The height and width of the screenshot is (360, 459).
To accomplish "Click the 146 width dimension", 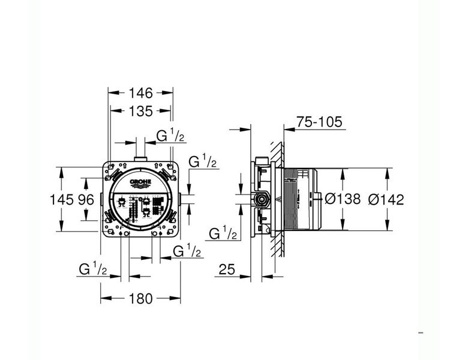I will pos(141,92).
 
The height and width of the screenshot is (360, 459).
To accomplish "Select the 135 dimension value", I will pos(141,110).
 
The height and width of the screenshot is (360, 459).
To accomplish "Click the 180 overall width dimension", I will pos(141,298).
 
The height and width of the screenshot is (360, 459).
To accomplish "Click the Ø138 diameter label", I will pos(342,199).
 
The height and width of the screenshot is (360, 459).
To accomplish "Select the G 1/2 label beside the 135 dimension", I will pos(170,136).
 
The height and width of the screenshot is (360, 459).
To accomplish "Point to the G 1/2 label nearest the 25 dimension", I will pos(223,233).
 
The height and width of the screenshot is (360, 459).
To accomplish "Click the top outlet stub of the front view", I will pos(141,158).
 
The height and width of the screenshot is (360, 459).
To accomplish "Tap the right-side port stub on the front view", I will pos(181,199).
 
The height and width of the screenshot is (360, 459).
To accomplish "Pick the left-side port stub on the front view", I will pos(101,199).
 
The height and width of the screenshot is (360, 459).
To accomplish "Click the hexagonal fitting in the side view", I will pos(261,199).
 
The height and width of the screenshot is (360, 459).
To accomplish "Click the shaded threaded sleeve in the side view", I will pos(290,198).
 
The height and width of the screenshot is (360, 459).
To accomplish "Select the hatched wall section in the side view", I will pos(277,198).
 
